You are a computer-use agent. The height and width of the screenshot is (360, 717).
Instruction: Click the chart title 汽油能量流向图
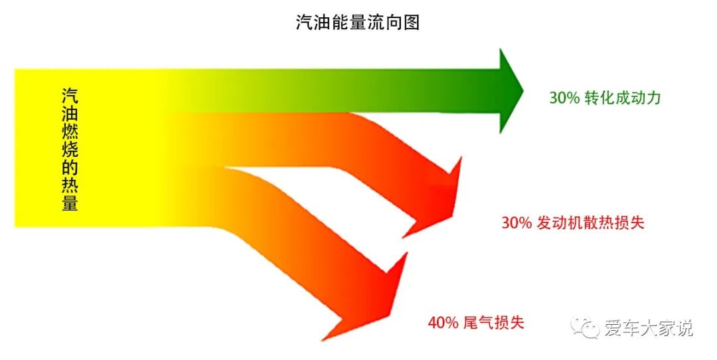(358, 23)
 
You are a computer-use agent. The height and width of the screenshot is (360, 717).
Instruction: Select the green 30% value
(564, 98)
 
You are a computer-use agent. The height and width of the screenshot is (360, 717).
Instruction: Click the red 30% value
(517, 223)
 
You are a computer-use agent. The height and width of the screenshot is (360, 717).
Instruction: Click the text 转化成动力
(623, 98)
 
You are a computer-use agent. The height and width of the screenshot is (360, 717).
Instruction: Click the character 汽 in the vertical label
(70, 96)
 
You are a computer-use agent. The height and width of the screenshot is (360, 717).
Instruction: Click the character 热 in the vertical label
(70, 183)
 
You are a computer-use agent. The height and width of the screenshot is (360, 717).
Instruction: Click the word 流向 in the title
(384, 23)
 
